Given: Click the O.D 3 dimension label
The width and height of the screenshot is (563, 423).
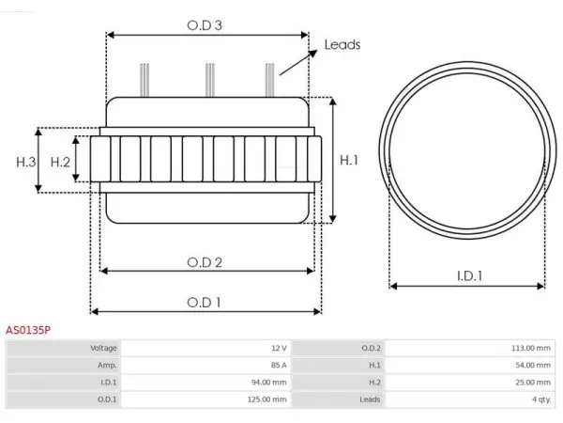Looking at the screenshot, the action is coord(205,25).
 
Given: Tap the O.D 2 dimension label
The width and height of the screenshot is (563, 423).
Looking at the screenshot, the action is coord(205,262).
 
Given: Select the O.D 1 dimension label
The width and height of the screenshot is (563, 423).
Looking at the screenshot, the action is coord(204,303).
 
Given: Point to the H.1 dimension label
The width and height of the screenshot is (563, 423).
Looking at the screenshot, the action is coord(349,160).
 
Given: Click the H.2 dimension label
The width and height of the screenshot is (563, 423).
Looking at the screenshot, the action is coord(60,163).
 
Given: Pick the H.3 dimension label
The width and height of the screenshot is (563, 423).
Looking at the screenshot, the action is coord(26,163).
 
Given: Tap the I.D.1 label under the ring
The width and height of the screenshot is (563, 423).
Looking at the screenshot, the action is coord(470,275).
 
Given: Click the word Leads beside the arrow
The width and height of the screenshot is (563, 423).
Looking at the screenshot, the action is coord(342,44).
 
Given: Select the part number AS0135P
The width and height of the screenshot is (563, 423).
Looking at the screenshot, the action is coord(28,330).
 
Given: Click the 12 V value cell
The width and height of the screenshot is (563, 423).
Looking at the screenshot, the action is coord(205,348).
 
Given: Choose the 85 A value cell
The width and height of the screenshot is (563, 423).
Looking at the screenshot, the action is coord(205,365).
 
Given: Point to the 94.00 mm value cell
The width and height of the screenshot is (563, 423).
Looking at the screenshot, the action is coord(205,383).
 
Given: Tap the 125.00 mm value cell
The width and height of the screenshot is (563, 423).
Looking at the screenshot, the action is coord(205,399).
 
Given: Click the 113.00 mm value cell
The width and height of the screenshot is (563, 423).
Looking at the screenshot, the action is coord(470,348).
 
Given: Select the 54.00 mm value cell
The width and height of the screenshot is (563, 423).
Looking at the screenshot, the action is coord(470,365).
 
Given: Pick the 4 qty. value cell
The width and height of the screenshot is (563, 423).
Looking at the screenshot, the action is coord(470,399).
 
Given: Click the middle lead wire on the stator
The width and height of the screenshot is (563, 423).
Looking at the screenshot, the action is coord(210,80).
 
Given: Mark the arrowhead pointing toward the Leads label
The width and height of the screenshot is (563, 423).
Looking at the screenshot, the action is coord(312,54).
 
